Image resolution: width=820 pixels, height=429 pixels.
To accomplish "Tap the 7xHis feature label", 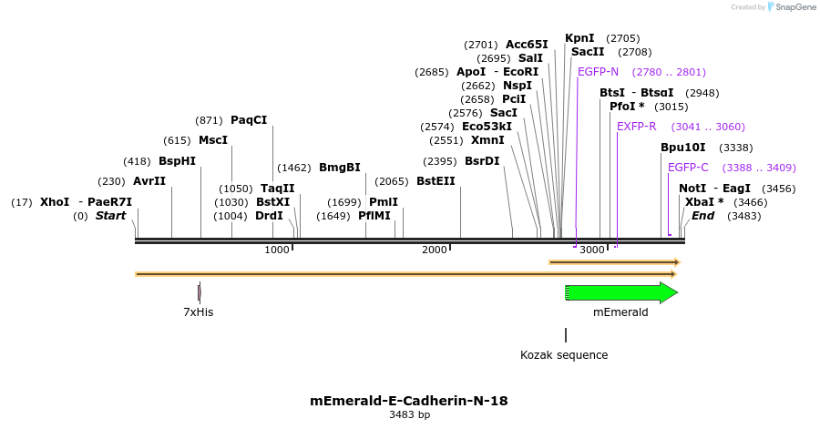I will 198,312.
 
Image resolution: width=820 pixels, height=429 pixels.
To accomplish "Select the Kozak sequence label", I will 564,354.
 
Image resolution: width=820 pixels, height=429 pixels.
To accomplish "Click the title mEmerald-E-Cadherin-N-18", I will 409,400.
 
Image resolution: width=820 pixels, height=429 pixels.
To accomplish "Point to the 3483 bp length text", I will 409,415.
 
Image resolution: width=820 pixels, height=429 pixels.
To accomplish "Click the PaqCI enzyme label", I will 249,120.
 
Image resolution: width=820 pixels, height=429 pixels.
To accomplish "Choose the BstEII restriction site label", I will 436,181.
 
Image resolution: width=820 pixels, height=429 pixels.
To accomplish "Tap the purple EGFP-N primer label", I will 598,72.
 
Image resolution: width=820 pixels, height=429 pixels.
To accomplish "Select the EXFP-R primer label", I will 636,127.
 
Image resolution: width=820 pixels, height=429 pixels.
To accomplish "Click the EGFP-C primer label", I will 688,168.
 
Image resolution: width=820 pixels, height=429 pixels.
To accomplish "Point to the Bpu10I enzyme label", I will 682,148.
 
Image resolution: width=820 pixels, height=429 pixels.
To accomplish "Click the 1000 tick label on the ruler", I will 277,250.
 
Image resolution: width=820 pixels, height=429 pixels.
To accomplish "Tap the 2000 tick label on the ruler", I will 436,250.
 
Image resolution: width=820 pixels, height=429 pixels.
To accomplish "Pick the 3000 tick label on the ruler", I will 593,250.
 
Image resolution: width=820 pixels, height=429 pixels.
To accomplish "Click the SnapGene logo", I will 791,7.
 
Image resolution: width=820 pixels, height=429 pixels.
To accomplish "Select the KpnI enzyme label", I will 579,38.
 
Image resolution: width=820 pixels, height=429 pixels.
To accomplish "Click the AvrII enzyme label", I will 149,181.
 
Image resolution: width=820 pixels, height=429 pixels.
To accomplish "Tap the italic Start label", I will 110,216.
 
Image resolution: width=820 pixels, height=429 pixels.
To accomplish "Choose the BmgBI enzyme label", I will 340,168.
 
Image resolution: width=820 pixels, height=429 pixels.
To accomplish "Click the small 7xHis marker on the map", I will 199,292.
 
